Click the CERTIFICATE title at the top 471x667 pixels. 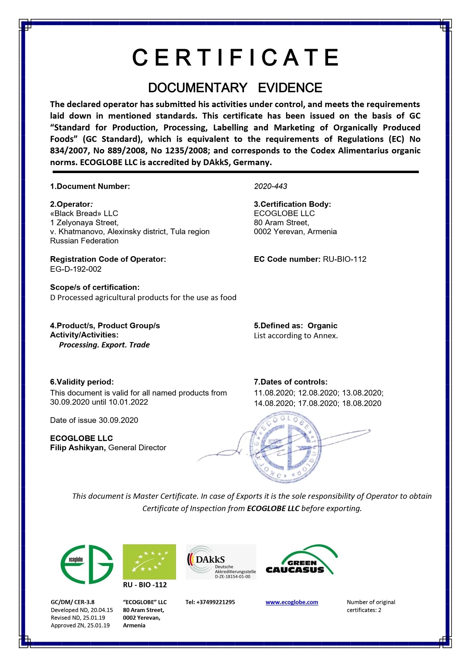click(236, 57)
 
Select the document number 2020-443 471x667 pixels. click(270, 186)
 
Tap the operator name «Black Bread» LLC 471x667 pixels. click(84, 213)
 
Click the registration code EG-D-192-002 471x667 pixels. click(76, 269)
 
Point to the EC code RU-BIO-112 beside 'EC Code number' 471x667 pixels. click(344, 259)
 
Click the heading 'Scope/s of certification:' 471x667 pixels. click(95, 287)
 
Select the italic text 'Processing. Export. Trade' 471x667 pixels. click(104, 345)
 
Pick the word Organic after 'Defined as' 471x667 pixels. click(322, 325)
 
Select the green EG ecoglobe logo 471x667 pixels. click(87, 564)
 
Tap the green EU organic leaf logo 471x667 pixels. click(149, 562)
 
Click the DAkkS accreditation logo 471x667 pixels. click(221, 562)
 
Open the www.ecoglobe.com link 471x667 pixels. click(292, 602)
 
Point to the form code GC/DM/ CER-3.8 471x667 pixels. click(73, 602)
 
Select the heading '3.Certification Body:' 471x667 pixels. click(292, 204)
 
